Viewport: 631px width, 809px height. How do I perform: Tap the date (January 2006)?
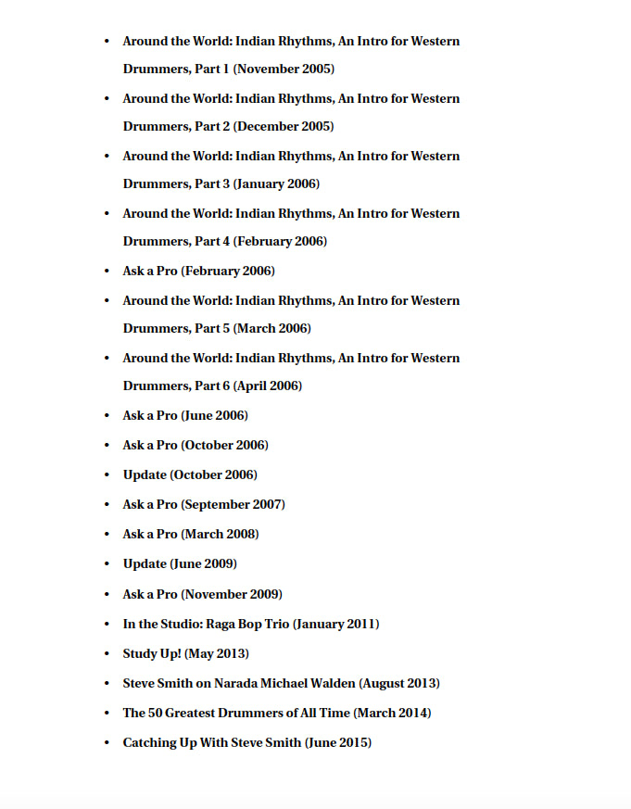[x=276, y=184]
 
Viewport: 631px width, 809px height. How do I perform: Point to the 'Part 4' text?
[x=212, y=242]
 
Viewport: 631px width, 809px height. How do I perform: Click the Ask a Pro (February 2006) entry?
[x=198, y=272]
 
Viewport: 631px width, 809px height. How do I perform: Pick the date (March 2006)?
[x=271, y=329]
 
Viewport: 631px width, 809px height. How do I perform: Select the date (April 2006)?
[x=267, y=386]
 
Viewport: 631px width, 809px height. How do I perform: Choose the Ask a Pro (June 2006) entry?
[x=185, y=416]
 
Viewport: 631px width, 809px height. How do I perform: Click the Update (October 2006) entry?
[x=190, y=475]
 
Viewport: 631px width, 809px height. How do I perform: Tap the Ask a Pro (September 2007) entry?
[x=204, y=505]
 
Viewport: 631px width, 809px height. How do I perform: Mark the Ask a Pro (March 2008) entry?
[x=191, y=535]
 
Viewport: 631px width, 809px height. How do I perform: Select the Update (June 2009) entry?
[x=180, y=564]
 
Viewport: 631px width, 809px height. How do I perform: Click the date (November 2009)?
[x=232, y=594]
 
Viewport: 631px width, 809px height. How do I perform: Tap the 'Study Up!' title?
[x=152, y=654]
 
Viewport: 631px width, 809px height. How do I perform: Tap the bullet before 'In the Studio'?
[x=107, y=625]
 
